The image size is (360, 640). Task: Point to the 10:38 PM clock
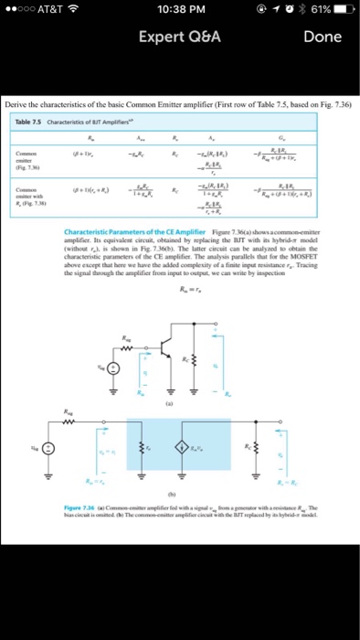(x=179, y=12)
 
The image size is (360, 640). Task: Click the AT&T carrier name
(x=50, y=12)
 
